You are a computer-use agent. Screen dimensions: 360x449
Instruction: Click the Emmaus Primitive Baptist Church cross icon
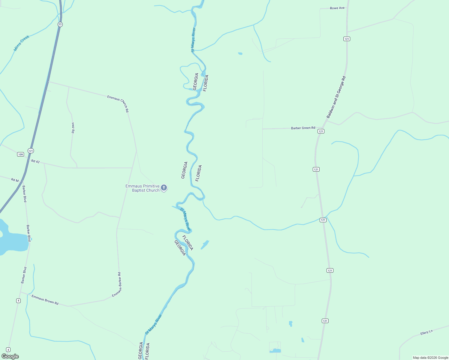tap(164, 188)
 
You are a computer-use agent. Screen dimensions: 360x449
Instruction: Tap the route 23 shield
tap(60, 24)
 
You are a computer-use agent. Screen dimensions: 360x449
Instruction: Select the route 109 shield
tap(20, 154)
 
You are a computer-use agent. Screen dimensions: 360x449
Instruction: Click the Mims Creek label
tap(22, 43)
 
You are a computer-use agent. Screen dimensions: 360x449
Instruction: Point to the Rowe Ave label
tap(337, 8)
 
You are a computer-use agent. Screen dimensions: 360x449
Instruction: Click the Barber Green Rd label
tap(303, 128)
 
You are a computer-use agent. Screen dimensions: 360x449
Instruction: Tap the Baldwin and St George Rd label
tap(336, 97)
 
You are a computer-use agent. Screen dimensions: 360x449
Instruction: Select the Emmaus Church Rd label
tap(118, 103)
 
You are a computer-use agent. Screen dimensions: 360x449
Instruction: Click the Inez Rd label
tap(73, 127)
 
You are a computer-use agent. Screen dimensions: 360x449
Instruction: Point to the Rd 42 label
tap(35, 161)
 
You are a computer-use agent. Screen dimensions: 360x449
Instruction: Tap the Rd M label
tap(15, 180)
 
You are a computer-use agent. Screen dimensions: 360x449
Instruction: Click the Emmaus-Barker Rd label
tap(116, 285)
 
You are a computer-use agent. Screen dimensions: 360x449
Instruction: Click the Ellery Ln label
tap(426, 333)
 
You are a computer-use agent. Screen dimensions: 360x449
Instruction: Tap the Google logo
tap(10, 356)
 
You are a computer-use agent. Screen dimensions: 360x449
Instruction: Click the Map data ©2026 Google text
tap(430, 358)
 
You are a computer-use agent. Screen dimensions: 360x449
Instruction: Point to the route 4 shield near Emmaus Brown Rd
tap(18, 301)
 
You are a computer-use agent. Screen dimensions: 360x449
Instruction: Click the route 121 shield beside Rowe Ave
tap(347, 39)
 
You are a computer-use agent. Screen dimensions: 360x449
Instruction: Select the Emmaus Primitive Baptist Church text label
tap(143, 188)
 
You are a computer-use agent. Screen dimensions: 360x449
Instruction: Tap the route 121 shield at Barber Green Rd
tap(321, 131)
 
